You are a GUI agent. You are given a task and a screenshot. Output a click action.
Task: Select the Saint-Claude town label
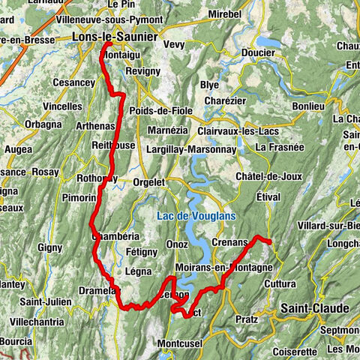(314, 308)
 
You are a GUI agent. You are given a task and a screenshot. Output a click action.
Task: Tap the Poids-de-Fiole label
(160, 111)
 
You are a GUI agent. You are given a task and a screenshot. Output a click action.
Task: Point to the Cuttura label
(280, 284)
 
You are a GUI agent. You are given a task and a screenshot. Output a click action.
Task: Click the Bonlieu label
(308, 107)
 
